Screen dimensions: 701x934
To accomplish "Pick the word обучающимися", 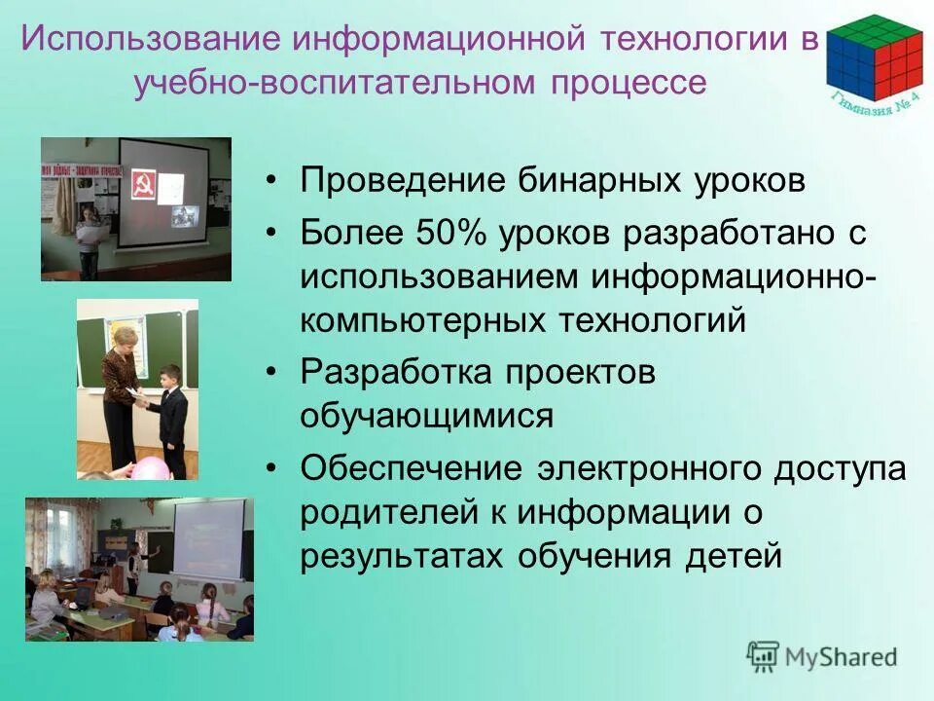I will (426, 416).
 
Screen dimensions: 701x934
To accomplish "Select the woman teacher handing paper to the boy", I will (122, 389).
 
